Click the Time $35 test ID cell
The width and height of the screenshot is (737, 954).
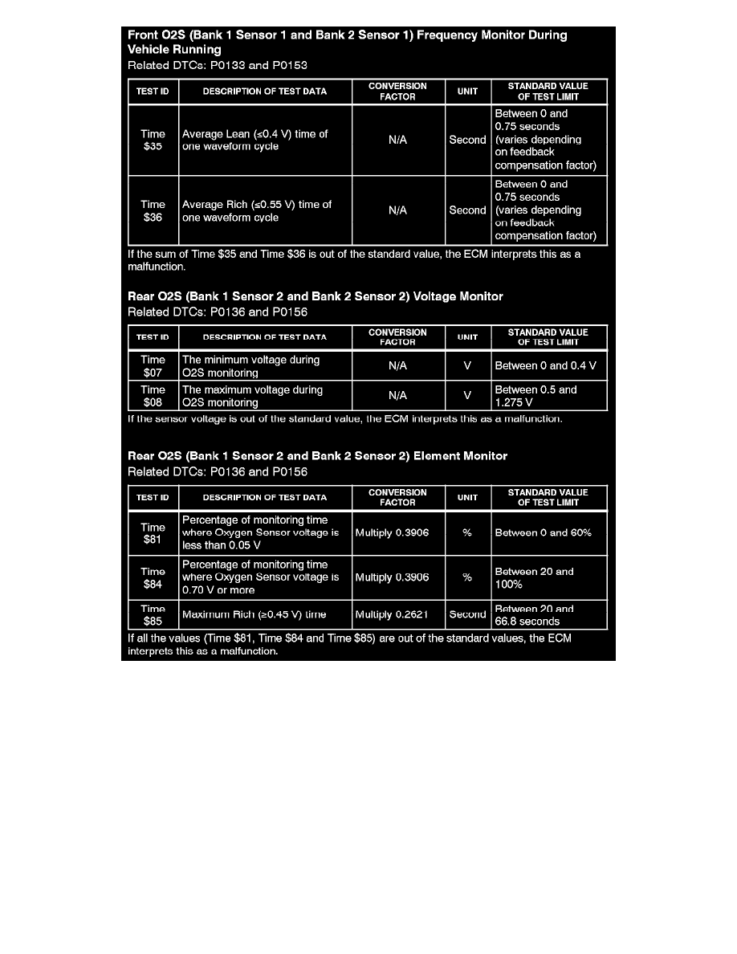tap(153, 141)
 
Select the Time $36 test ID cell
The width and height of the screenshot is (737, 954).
tap(153, 210)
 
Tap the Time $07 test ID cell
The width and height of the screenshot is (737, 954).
tap(153, 366)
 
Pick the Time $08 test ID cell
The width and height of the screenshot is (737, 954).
tap(153, 396)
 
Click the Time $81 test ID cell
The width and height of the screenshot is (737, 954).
tap(153, 532)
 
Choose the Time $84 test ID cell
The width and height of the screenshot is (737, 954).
tap(153, 577)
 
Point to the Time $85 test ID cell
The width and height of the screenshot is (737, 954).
tap(153, 615)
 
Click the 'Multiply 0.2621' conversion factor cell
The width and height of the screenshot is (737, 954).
tap(397, 615)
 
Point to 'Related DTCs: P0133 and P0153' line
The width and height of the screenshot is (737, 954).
tap(218, 65)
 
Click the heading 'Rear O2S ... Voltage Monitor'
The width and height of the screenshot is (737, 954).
tap(316, 296)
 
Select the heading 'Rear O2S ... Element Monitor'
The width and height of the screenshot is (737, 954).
tap(318, 456)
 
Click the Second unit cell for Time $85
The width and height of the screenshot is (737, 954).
tap(467, 615)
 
